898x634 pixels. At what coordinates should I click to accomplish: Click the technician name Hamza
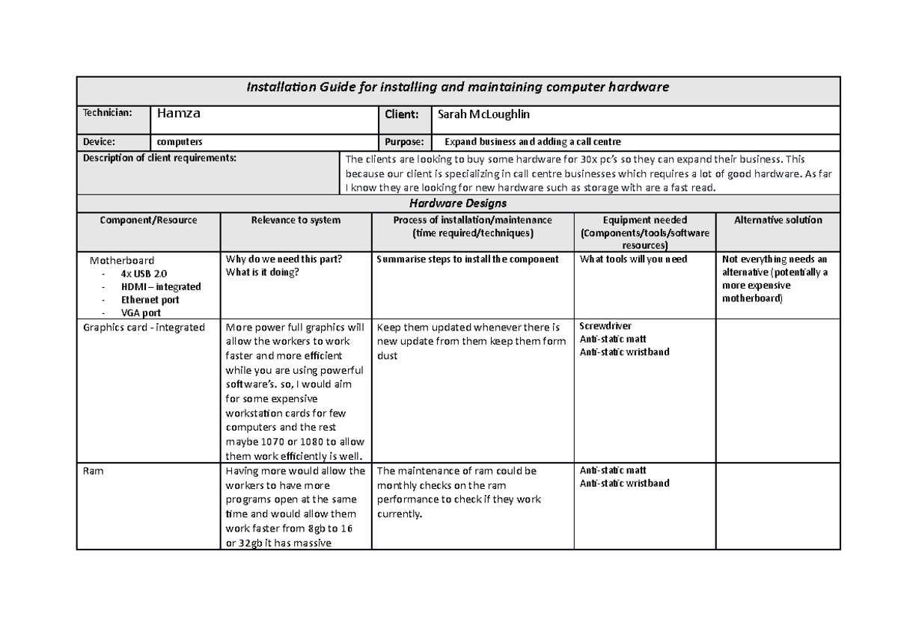coord(177,114)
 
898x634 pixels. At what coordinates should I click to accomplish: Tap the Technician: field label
coord(107,113)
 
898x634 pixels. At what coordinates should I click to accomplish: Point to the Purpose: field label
coord(404,142)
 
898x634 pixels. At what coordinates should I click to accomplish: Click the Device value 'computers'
coord(179,142)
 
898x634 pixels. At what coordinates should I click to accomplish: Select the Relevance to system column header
coord(296,221)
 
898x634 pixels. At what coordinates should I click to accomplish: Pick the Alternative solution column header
coord(778,221)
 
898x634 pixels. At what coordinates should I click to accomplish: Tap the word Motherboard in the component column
coord(122,261)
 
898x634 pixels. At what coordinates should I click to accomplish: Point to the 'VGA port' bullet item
coord(141,313)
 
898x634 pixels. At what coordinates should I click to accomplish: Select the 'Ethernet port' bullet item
coord(150,300)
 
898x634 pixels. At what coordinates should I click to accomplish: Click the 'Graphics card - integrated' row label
coord(144,327)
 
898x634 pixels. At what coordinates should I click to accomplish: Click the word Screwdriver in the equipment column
coord(605,326)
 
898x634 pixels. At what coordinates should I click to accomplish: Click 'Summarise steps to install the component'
coord(468,259)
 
